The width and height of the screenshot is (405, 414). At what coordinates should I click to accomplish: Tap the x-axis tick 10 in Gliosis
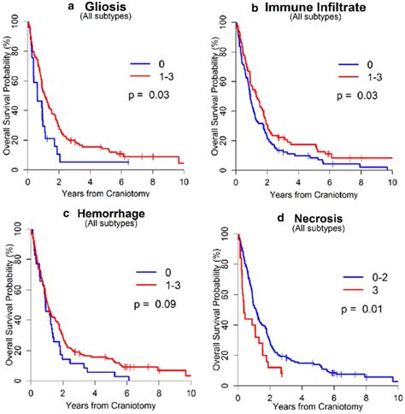(x=184, y=182)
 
